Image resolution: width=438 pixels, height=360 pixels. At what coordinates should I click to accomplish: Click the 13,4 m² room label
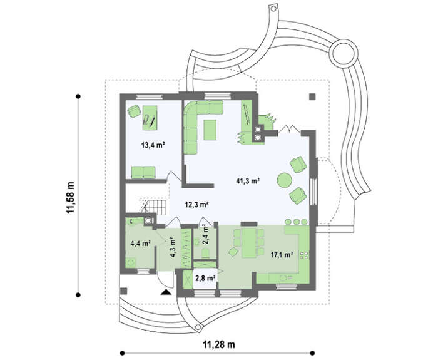[152, 145]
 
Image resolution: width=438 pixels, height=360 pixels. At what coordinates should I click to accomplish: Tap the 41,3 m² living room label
[248, 181]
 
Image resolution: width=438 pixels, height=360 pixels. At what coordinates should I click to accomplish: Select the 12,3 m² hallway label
[197, 205]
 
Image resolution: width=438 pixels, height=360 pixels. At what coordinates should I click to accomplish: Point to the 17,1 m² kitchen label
[282, 254]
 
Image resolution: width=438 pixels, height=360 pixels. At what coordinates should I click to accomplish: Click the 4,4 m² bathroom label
[141, 244]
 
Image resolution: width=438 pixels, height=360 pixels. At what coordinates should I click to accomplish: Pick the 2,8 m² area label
[205, 278]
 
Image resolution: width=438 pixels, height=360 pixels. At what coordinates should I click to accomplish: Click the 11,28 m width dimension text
[219, 345]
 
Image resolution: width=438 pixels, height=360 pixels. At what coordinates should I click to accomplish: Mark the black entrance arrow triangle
[166, 292]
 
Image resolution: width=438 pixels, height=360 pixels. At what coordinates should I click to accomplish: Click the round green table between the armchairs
[285, 180]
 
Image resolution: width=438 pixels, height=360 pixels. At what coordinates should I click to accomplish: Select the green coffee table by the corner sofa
[210, 130]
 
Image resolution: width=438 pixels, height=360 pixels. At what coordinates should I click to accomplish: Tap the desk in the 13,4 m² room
[150, 118]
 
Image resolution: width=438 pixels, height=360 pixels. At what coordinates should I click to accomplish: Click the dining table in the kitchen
[249, 243]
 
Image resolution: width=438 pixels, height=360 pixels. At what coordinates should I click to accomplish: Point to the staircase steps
[156, 207]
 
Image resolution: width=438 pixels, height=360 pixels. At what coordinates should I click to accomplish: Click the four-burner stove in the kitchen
[304, 255]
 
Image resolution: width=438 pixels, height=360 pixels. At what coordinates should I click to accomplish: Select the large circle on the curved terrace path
[344, 53]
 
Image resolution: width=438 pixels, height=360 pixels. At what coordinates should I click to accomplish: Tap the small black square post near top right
[312, 96]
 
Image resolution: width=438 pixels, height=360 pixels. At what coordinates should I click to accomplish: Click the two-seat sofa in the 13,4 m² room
[143, 172]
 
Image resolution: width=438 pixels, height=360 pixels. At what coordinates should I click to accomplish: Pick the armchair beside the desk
[134, 111]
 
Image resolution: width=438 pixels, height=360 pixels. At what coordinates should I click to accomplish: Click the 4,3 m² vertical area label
[173, 247]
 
